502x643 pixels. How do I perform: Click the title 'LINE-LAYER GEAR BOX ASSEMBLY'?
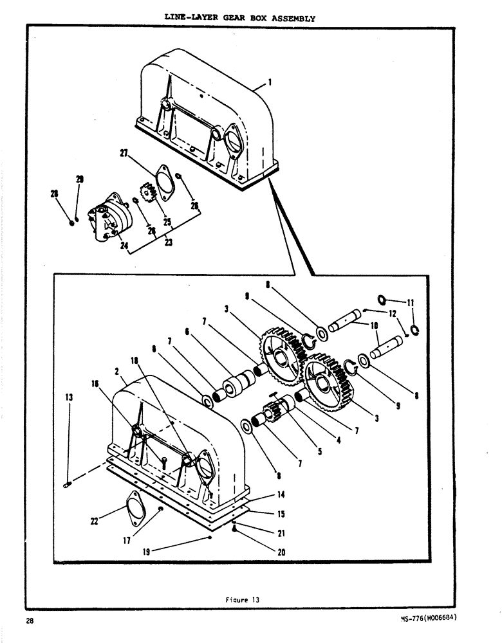[x=240, y=18]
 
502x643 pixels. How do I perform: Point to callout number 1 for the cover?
[x=270, y=82]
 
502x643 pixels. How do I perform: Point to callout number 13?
[x=69, y=398]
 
